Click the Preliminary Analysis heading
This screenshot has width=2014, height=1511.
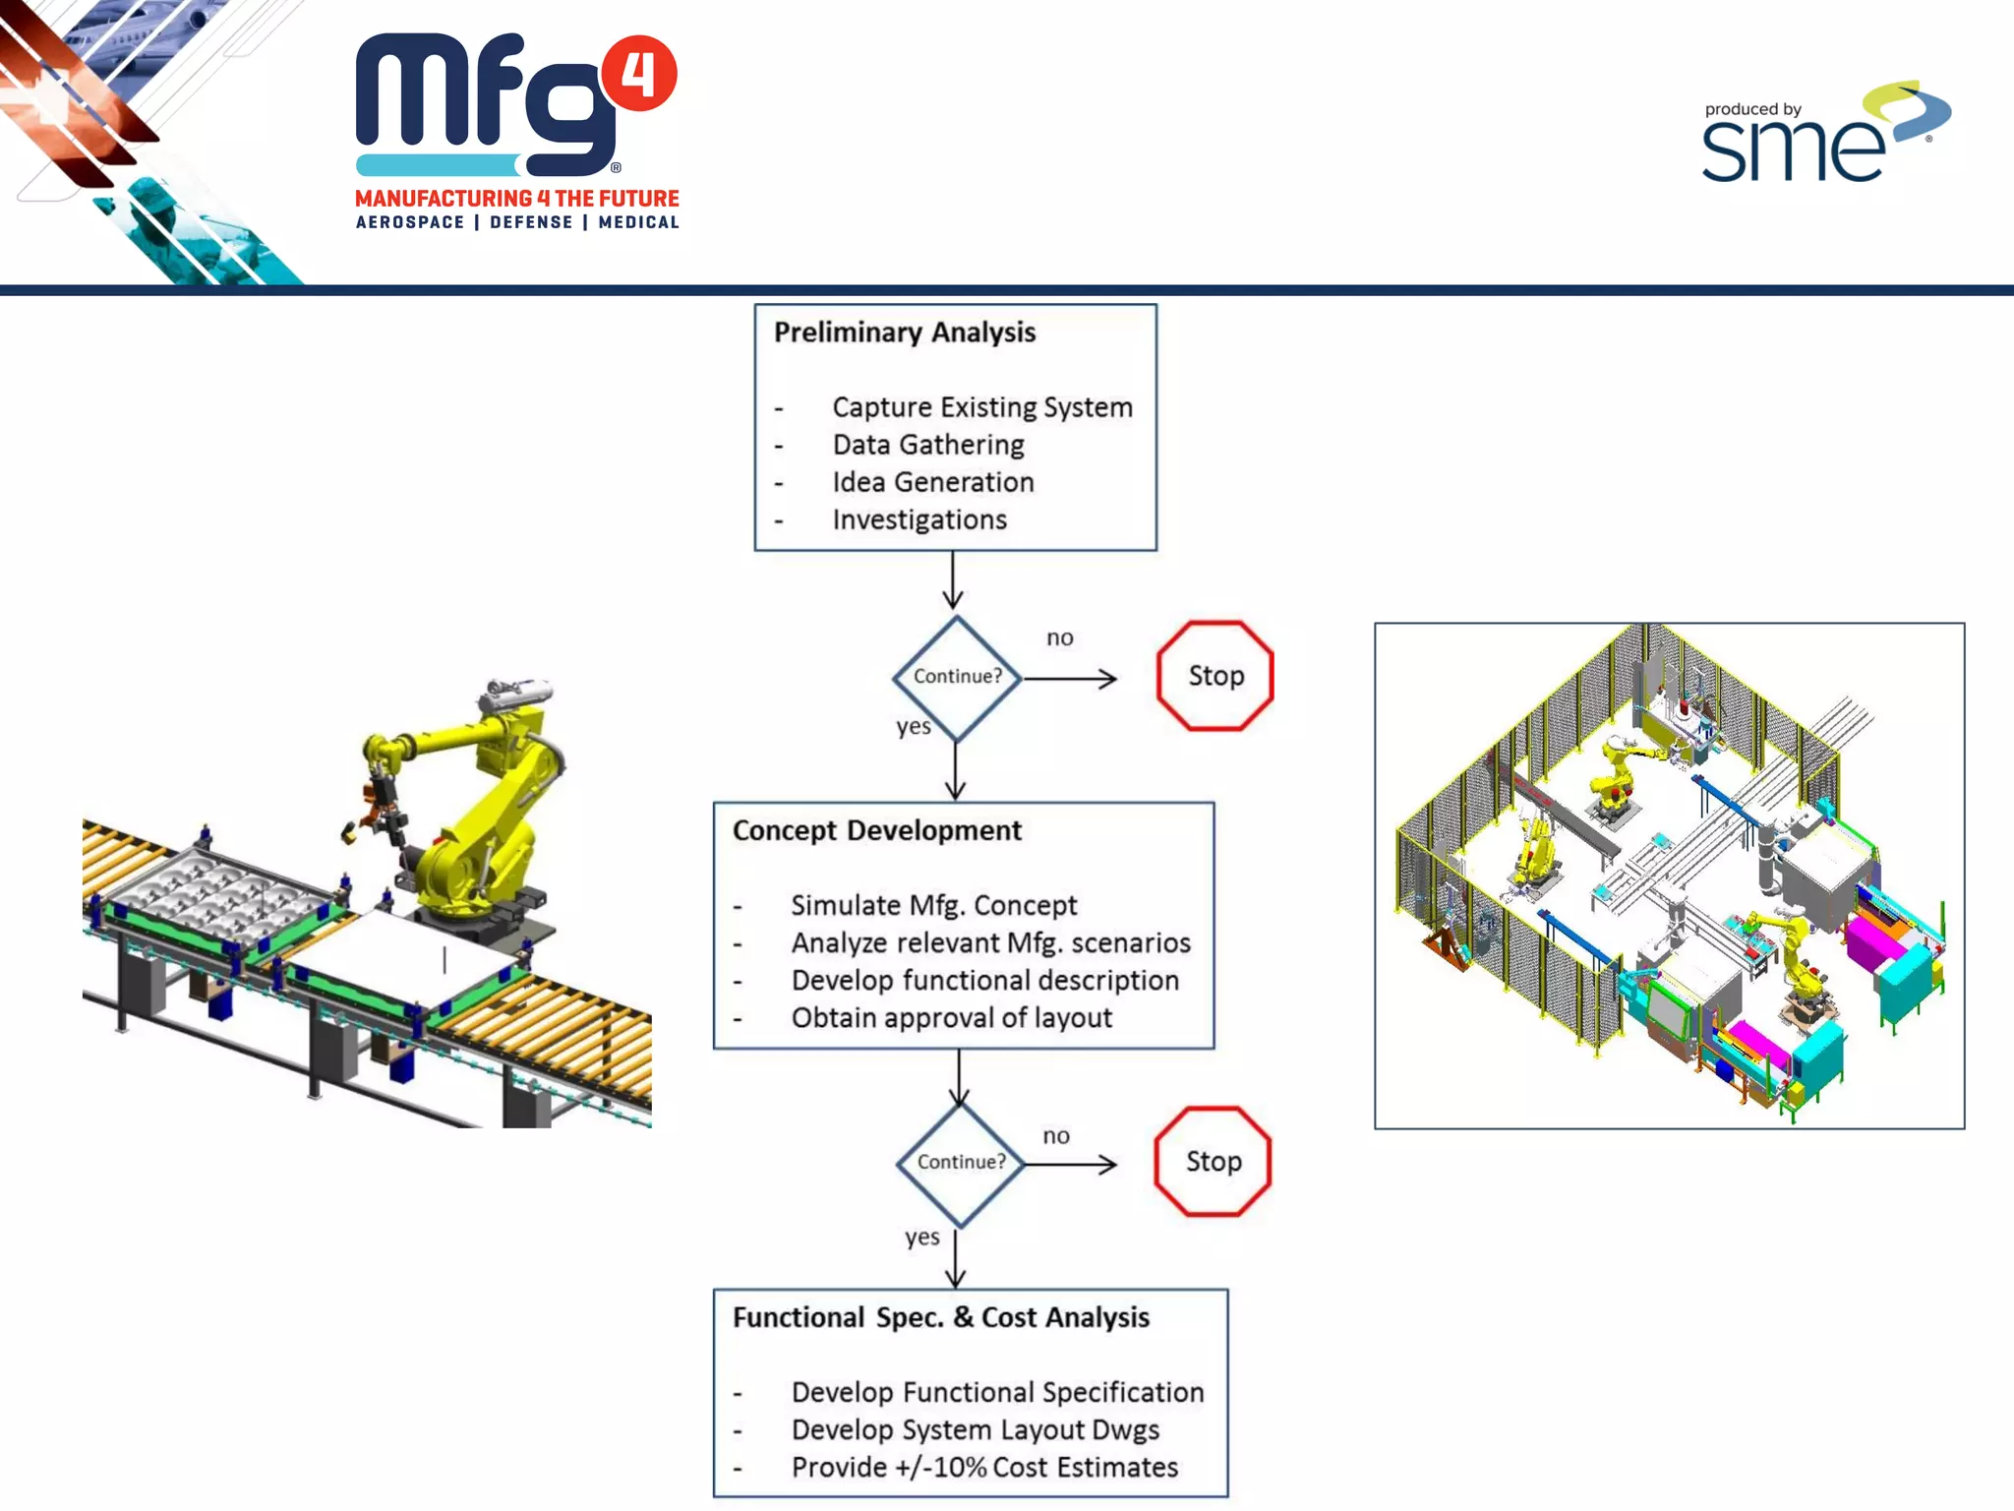click(905, 332)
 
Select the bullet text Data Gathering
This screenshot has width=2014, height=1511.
click(928, 445)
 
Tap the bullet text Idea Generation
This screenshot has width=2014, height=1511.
click(933, 482)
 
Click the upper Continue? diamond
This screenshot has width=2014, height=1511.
click(957, 677)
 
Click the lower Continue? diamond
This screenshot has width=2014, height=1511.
click(961, 1163)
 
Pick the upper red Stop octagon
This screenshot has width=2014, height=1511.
click(1215, 676)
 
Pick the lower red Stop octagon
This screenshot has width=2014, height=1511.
click(1214, 1162)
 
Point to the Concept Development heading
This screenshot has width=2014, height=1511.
click(877, 831)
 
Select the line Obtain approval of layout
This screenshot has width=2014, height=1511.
click(952, 1018)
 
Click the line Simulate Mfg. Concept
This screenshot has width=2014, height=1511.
click(934, 905)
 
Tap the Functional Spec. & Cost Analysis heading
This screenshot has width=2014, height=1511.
click(941, 1318)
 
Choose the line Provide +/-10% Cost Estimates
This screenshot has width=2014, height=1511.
click(984, 1468)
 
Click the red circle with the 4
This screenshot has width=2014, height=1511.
click(639, 74)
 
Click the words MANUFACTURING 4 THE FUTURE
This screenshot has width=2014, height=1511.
click(517, 199)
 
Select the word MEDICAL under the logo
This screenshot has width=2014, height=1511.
click(639, 223)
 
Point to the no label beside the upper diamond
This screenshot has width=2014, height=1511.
click(1060, 638)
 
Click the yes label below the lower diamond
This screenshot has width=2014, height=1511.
click(922, 1238)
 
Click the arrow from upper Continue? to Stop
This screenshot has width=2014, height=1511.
click(1070, 679)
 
